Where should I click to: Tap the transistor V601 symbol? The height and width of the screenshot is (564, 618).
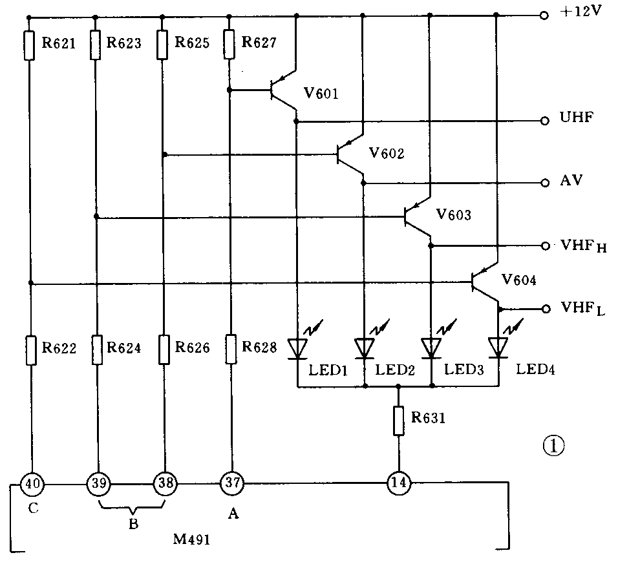[x=282, y=92]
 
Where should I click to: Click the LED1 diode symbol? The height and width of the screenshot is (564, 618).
[x=297, y=348]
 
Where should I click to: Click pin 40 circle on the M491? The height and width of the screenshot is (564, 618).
[x=31, y=483]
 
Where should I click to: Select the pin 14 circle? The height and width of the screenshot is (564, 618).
[x=398, y=483]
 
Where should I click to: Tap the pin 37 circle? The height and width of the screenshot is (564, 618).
[x=231, y=483]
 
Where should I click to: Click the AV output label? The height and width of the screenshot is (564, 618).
[x=571, y=182]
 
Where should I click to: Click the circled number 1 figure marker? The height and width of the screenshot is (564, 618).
[x=553, y=446]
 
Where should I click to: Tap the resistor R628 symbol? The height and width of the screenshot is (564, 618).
[x=229, y=348]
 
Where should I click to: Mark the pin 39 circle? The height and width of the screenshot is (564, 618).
[x=98, y=483]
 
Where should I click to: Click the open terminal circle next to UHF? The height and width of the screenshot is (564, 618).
[x=546, y=120]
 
